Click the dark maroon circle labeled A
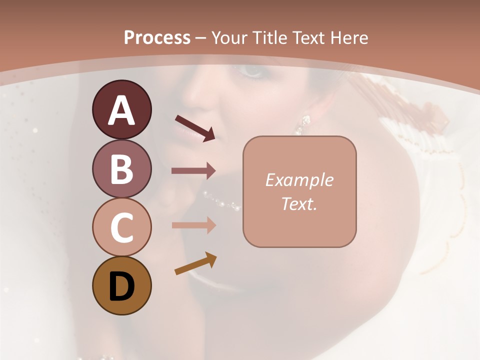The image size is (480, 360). (121, 109)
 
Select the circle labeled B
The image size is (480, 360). (121, 168)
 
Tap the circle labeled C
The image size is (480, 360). (121, 227)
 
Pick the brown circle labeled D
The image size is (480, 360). (121, 285)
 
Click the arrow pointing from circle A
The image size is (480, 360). (195, 128)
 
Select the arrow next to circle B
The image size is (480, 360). (193, 171)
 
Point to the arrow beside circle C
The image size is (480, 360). (193, 225)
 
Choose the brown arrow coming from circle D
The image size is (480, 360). (195, 264)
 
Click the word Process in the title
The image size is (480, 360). (157, 37)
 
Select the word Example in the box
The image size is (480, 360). (299, 180)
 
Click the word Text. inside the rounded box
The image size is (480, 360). (299, 203)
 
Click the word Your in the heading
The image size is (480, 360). (230, 37)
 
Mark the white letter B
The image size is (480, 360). (121, 168)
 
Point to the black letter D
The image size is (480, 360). (121, 285)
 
